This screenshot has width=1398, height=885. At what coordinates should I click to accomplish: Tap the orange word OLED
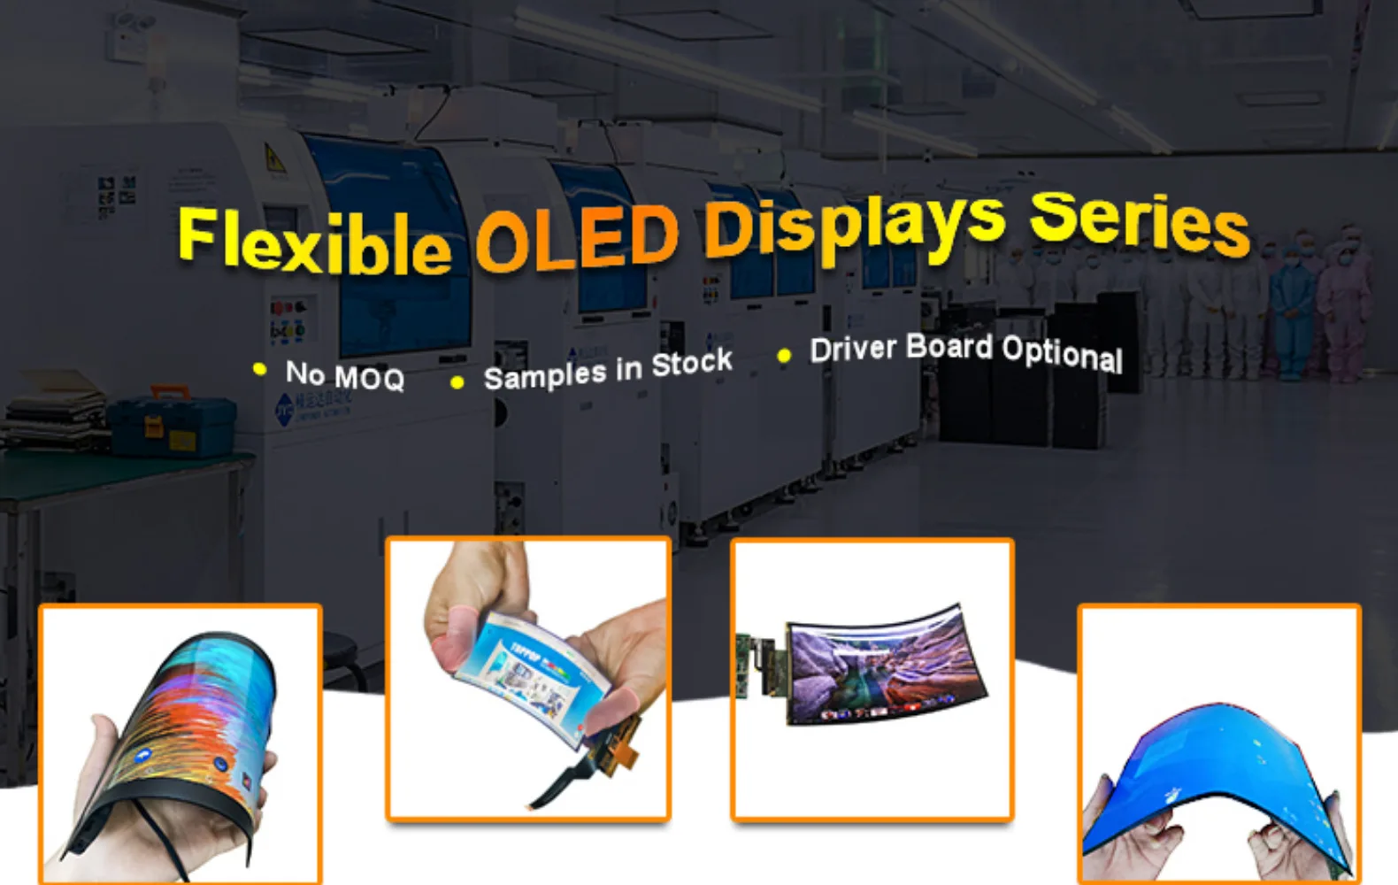tap(577, 237)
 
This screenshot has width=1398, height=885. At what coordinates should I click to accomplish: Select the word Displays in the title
tap(854, 226)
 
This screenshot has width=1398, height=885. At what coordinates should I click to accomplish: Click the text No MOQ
tap(344, 376)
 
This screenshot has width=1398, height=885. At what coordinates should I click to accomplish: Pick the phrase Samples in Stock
tap(608, 370)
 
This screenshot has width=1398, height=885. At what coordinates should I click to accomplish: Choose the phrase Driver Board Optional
tap(966, 351)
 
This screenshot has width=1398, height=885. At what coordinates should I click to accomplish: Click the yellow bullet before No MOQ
tap(259, 369)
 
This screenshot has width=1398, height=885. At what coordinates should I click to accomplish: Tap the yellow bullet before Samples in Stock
tap(457, 382)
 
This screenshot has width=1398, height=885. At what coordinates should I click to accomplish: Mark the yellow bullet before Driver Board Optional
tap(784, 356)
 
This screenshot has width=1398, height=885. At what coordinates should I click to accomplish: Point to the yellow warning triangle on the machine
tap(274, 159)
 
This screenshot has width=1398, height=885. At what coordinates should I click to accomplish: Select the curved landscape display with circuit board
tap(885, 668)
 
